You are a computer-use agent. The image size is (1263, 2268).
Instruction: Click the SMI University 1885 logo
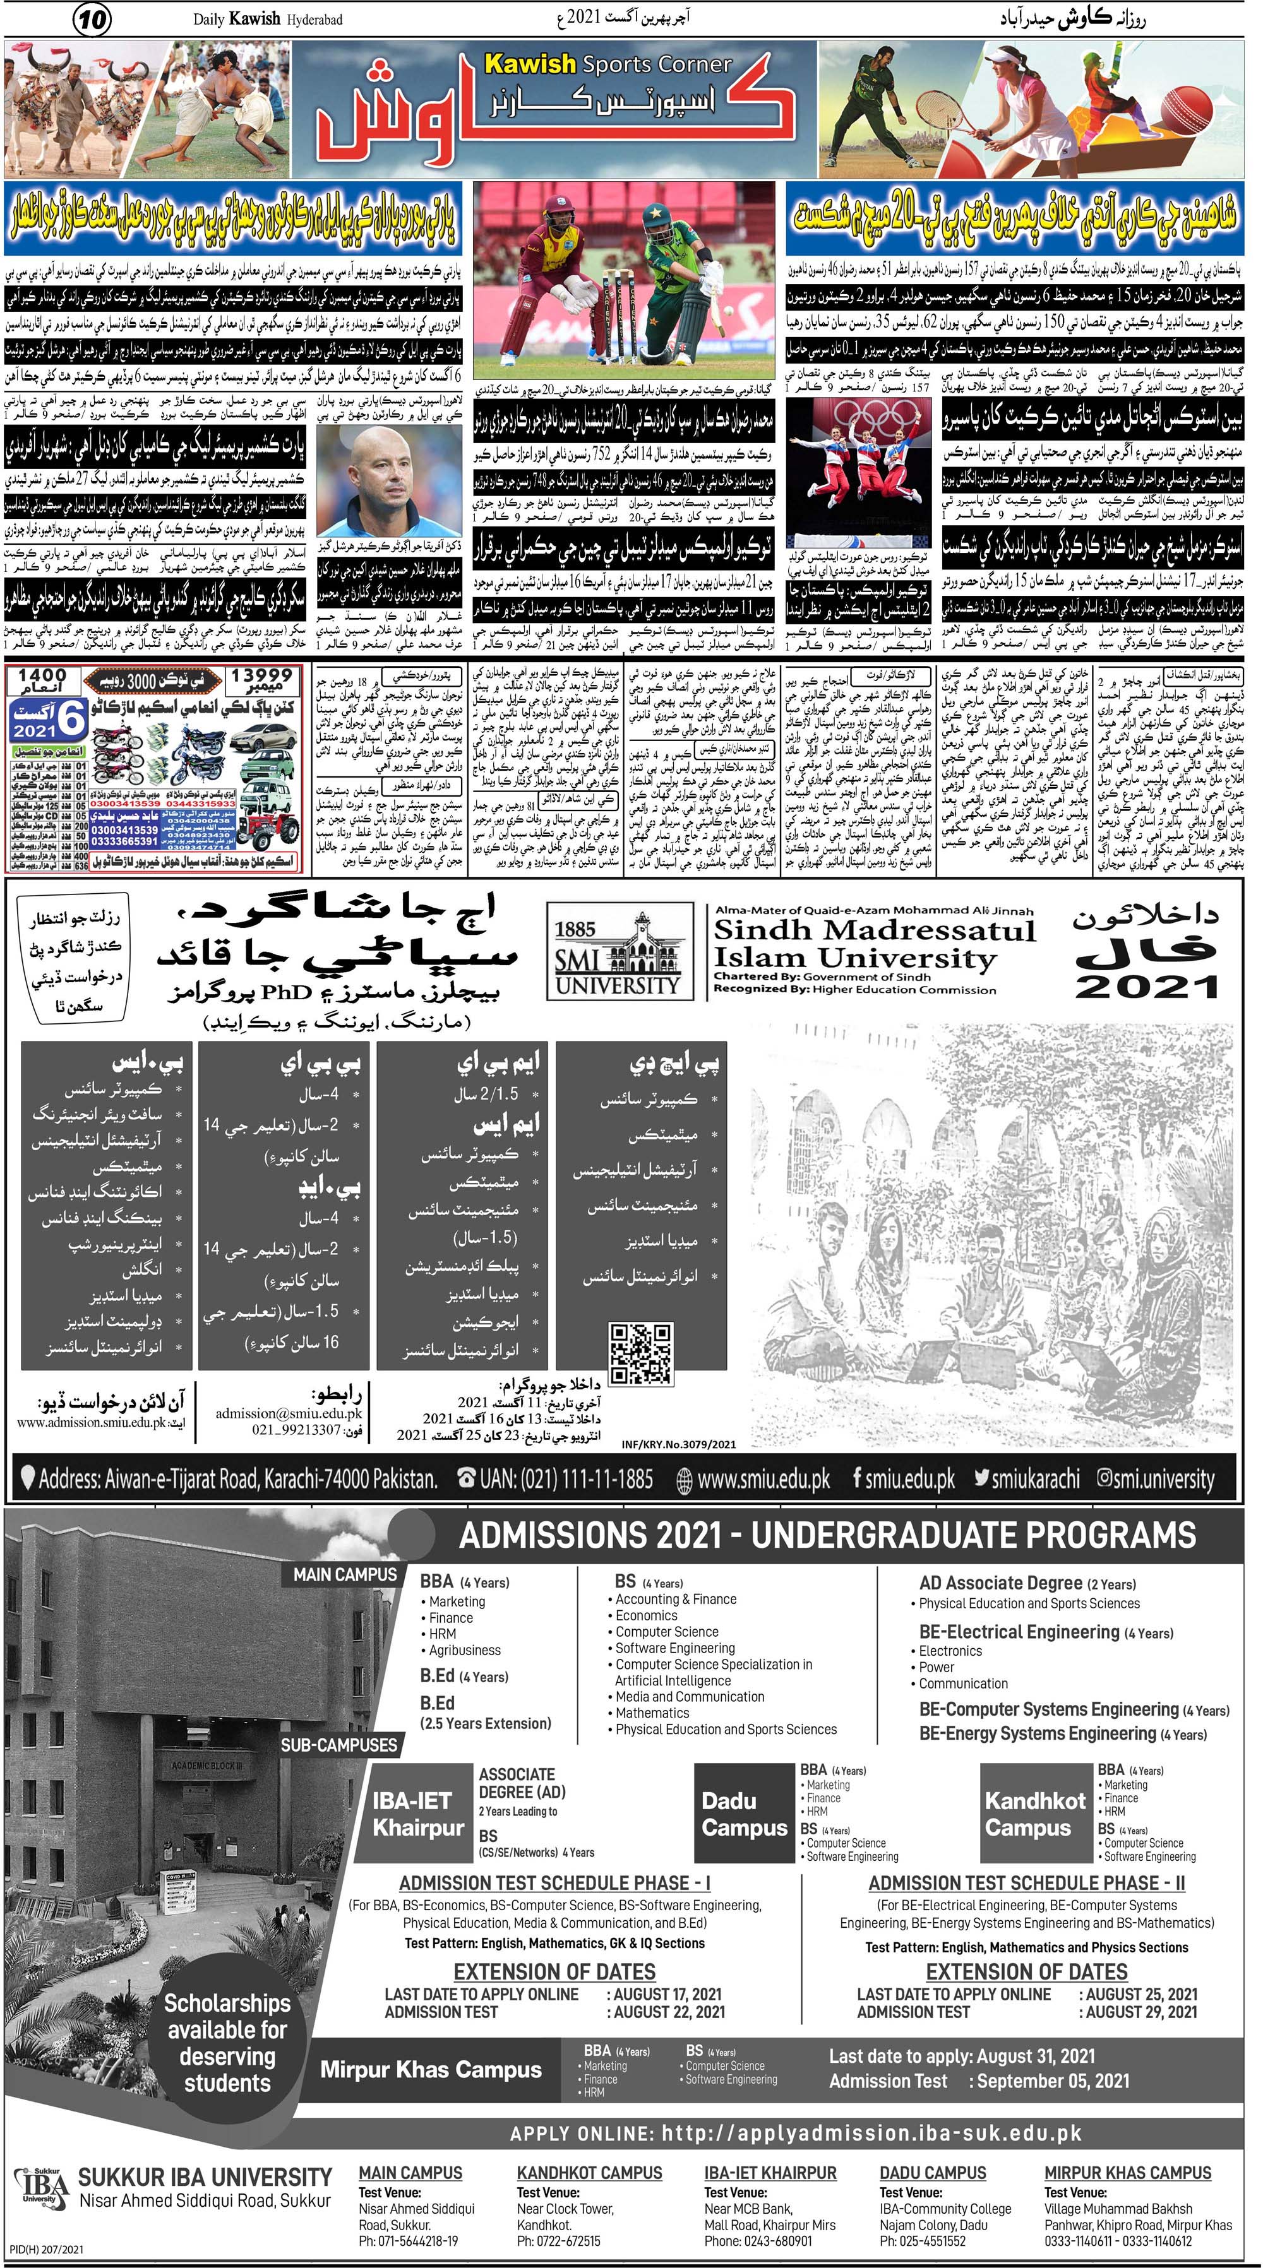(616, 954)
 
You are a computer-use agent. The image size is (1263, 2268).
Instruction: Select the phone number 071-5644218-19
(409, 2241)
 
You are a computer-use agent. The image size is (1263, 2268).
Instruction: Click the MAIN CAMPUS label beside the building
(345, 1574)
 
